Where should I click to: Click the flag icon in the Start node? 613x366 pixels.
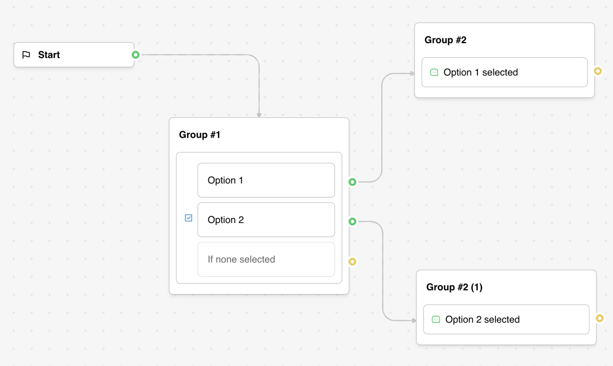(26, 55)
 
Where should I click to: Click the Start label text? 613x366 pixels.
(49, 55)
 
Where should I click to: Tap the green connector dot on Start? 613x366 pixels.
(135, 55)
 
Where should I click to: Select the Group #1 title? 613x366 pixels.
(199, 135)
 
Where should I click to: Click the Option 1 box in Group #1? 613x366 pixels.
(266, 180)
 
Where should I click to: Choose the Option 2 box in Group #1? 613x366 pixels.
(266, 220)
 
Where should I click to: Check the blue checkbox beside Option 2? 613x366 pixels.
(188, 218)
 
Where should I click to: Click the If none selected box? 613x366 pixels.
(266, 259)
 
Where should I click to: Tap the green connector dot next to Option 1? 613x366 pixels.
(352, 182)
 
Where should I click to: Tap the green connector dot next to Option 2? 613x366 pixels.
(352, 221)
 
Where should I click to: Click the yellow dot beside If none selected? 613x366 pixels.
(352, 261)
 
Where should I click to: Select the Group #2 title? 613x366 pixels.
(445, 40)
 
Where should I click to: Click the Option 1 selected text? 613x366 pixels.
(481, 72)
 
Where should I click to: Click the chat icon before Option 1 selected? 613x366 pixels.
(434, 72)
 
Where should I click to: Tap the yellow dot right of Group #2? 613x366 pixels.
(598, 71)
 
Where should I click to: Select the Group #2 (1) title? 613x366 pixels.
(454, 287)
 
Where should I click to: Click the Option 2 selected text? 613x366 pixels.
(482, 319)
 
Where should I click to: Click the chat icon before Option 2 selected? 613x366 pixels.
(436, 319)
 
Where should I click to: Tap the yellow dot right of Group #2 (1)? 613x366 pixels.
(600, 318)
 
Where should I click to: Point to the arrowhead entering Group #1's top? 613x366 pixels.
(259, 115)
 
